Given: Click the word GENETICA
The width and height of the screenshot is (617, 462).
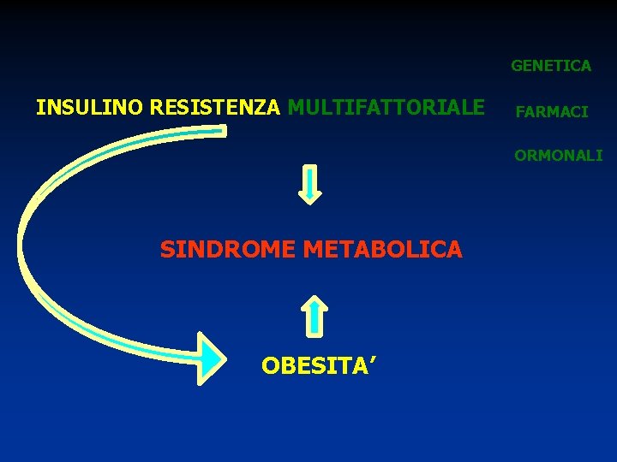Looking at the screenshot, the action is coord(551,65).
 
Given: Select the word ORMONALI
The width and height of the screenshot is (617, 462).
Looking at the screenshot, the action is coord(558,156).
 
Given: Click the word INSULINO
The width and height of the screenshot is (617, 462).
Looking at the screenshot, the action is coord(90,108).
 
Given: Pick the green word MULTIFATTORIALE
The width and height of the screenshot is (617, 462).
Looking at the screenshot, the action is coord(386,108).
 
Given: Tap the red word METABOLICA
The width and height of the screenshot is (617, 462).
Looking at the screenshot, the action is coord(382,250).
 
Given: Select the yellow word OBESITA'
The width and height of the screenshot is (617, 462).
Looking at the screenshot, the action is coord(316,366).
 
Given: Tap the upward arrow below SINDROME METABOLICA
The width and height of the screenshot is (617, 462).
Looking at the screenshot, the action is coord(316,315).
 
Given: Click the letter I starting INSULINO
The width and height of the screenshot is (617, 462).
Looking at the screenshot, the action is coord(39,108).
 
